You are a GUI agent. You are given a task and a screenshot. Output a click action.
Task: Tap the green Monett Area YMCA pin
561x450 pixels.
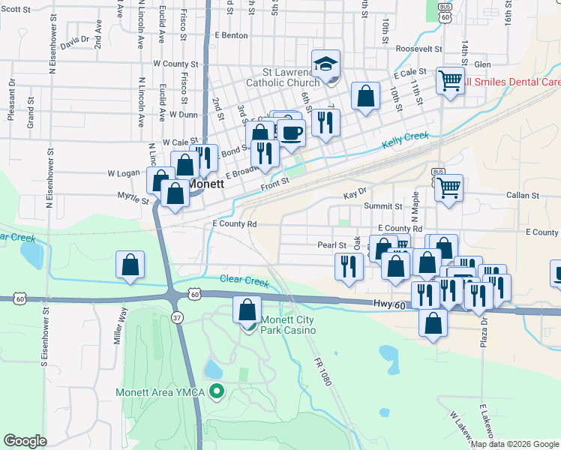click(217, 391)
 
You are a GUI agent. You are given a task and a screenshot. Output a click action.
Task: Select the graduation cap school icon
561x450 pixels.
click(326, 64)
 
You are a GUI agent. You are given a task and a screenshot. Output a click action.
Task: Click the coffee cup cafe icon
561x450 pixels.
click(291, 133)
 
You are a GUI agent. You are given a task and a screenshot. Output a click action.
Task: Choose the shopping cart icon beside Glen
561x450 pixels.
click(449, 79)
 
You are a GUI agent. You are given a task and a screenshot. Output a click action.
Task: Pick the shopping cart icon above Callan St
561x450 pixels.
click(448, 187)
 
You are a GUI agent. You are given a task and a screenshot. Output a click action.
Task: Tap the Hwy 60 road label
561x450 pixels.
click(388, 304)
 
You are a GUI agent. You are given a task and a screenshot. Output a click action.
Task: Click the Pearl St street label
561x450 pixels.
click(331, 244)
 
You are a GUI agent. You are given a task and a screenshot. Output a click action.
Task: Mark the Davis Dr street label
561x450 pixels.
click(75, 41)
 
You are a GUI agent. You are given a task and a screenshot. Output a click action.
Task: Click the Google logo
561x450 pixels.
click(25, 441)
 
